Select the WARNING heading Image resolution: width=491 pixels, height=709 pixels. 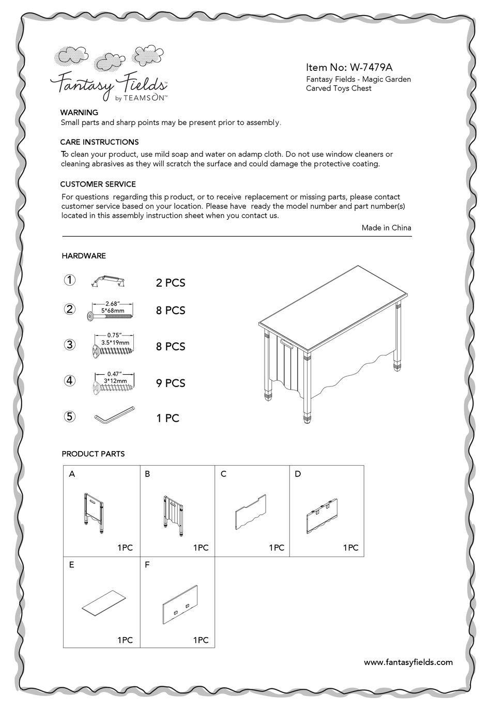[x=79, y=112]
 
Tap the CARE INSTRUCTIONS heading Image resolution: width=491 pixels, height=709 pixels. [x=99, y=142]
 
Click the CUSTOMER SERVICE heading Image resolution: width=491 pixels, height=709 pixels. [x=98, y=184]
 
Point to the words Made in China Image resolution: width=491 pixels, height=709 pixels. [x=386, y=227]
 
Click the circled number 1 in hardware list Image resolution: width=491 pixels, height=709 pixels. [x=70, y=280]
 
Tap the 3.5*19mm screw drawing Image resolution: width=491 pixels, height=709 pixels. [x=113, y=351]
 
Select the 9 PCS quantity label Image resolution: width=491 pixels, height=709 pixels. [x=171, y=383]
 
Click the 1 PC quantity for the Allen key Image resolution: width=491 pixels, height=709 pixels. [x=167, y=418]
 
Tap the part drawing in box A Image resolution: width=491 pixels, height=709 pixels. [x=93, y=513]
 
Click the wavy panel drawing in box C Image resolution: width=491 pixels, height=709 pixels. [x=251, y=512]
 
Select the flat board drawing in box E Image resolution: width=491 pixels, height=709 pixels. [x=104, y=604]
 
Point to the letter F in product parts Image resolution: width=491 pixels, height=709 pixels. [x=147, y=565]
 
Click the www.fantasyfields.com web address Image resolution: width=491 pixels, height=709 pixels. [x=408, y=662]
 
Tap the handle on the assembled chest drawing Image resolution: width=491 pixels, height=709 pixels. [x=286, y=342]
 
